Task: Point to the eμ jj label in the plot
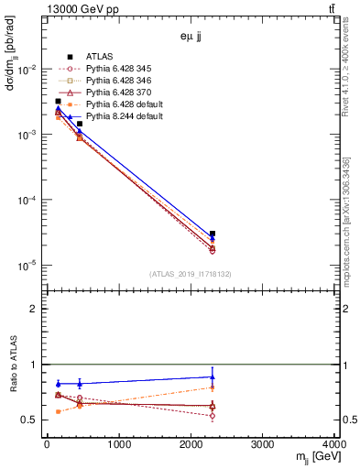click(x=191, y=37)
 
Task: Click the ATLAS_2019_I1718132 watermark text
click(x=191, y=273)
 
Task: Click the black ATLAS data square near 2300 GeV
click(x=213, y=234)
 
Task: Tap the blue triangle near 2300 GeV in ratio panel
click(x=213, y=376)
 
